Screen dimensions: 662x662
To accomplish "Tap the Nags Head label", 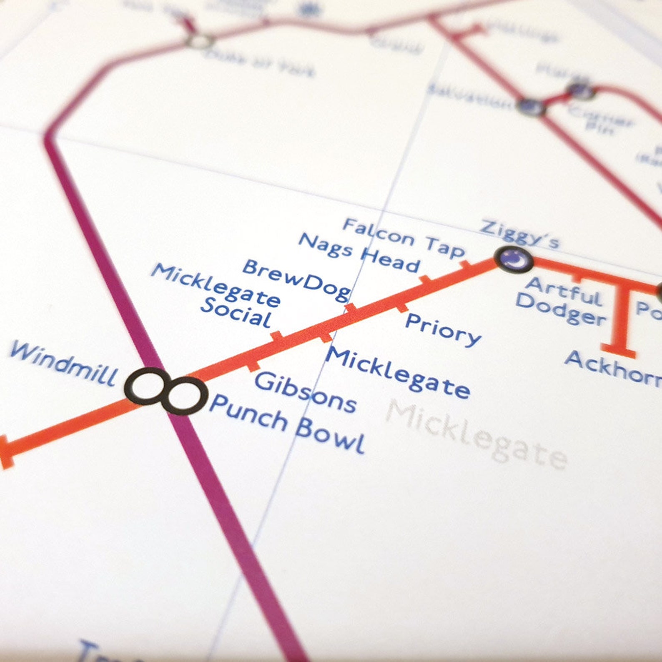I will pyautogui.click(x=359, y=252).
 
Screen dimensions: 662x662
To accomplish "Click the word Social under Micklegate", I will pyautogui.click(x=236, y=313).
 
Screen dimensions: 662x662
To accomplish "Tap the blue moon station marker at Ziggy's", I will pyautogui.click(x=514, y=259).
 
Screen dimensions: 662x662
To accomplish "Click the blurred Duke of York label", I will pyautogui.click(x=258, y=63).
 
